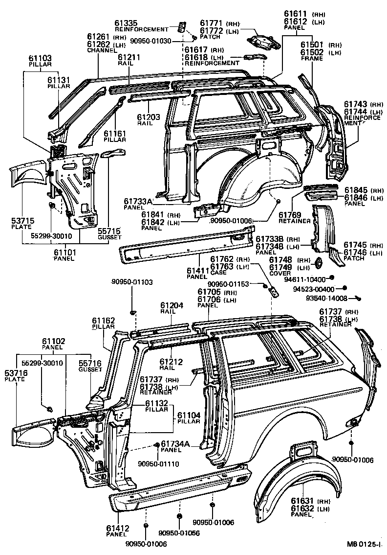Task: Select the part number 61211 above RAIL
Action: tap(129, 57)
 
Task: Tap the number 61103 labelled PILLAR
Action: tap(41, 58)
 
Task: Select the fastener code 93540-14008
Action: tap(326, 298)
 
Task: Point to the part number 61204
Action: tap(172, 305)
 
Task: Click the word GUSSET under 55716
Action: tap(90, 370)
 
